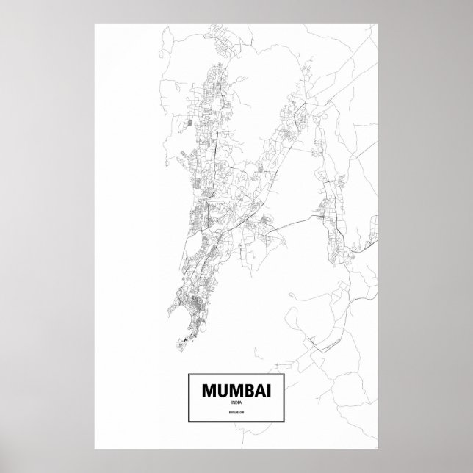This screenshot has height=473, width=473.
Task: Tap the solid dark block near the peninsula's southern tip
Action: pos(186,340)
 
